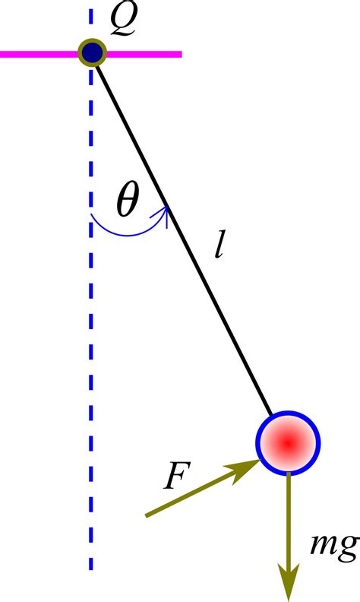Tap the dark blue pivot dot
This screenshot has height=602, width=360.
pos(93,53)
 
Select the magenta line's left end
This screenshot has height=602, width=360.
pos(3,54)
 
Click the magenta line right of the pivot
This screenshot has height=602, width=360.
pos(144,54)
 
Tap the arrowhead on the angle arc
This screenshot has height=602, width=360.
pos(162,212)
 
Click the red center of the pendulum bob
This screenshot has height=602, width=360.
pos(288,442)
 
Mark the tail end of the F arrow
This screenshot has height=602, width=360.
pos(146,515)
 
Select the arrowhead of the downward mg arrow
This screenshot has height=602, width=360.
pos(289,582)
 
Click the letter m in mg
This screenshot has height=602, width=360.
pos(322,544)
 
